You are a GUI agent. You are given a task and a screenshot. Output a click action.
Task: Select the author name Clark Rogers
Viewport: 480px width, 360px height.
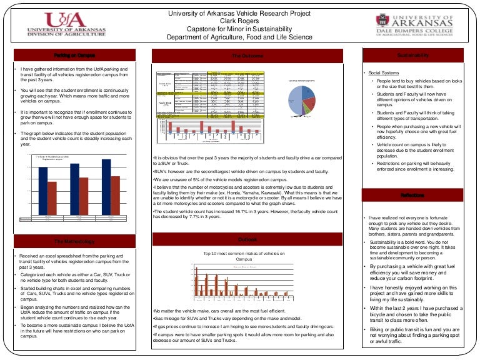point(239,21)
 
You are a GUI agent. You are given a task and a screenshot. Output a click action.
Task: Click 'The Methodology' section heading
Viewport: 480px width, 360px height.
point(74,241)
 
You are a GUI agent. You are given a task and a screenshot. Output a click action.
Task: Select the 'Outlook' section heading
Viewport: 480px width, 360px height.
point(247,239)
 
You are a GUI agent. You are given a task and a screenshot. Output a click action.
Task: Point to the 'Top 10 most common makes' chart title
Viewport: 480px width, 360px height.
point(244,256)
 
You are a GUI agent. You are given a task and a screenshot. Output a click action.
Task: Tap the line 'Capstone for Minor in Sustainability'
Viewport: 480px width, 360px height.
point(239,29)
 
